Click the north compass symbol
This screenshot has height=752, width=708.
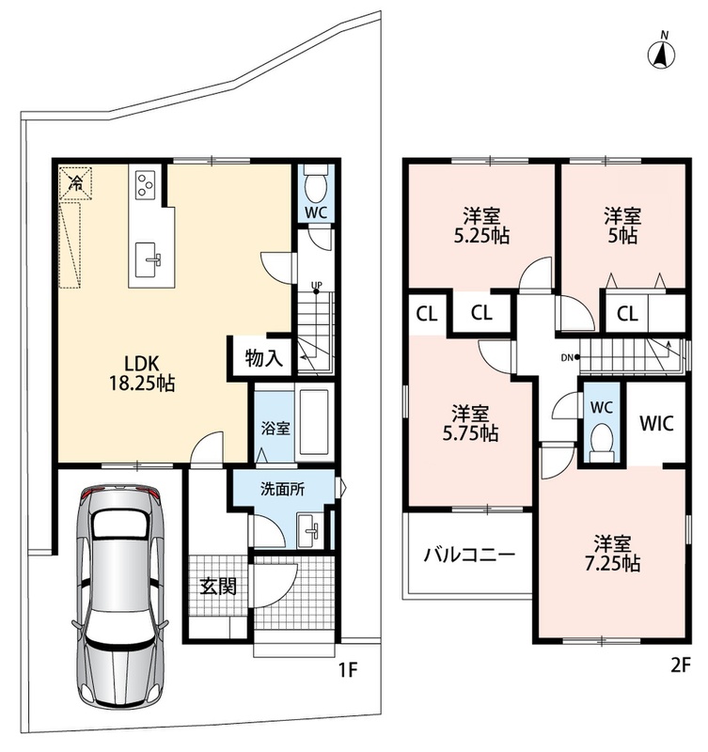tap(661, 52)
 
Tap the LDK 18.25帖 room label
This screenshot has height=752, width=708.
tap(142, 372)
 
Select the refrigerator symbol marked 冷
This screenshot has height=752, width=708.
tap(75, 182)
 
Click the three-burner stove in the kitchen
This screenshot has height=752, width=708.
tap(145, 184)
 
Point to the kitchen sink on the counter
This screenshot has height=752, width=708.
tap(148, 260)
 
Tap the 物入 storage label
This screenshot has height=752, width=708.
tap(264, 357)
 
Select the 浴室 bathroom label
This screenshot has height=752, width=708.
tap(275, 428)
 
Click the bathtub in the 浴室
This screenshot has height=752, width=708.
tap(314, 422)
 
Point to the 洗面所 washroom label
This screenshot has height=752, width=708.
tap(282, 489)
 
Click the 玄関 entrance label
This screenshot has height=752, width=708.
tap(218, 586)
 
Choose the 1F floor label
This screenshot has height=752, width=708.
tap(348, 670)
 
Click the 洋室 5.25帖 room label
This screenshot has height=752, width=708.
tap(481, 226)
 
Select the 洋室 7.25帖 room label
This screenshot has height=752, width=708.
tap(612, 554)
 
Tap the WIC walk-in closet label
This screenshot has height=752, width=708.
tap(656, 423)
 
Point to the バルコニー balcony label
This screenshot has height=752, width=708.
tap(469, 556)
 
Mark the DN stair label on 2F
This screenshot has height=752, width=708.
tap(568, 357)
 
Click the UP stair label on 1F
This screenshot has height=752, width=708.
tap(317, 286)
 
